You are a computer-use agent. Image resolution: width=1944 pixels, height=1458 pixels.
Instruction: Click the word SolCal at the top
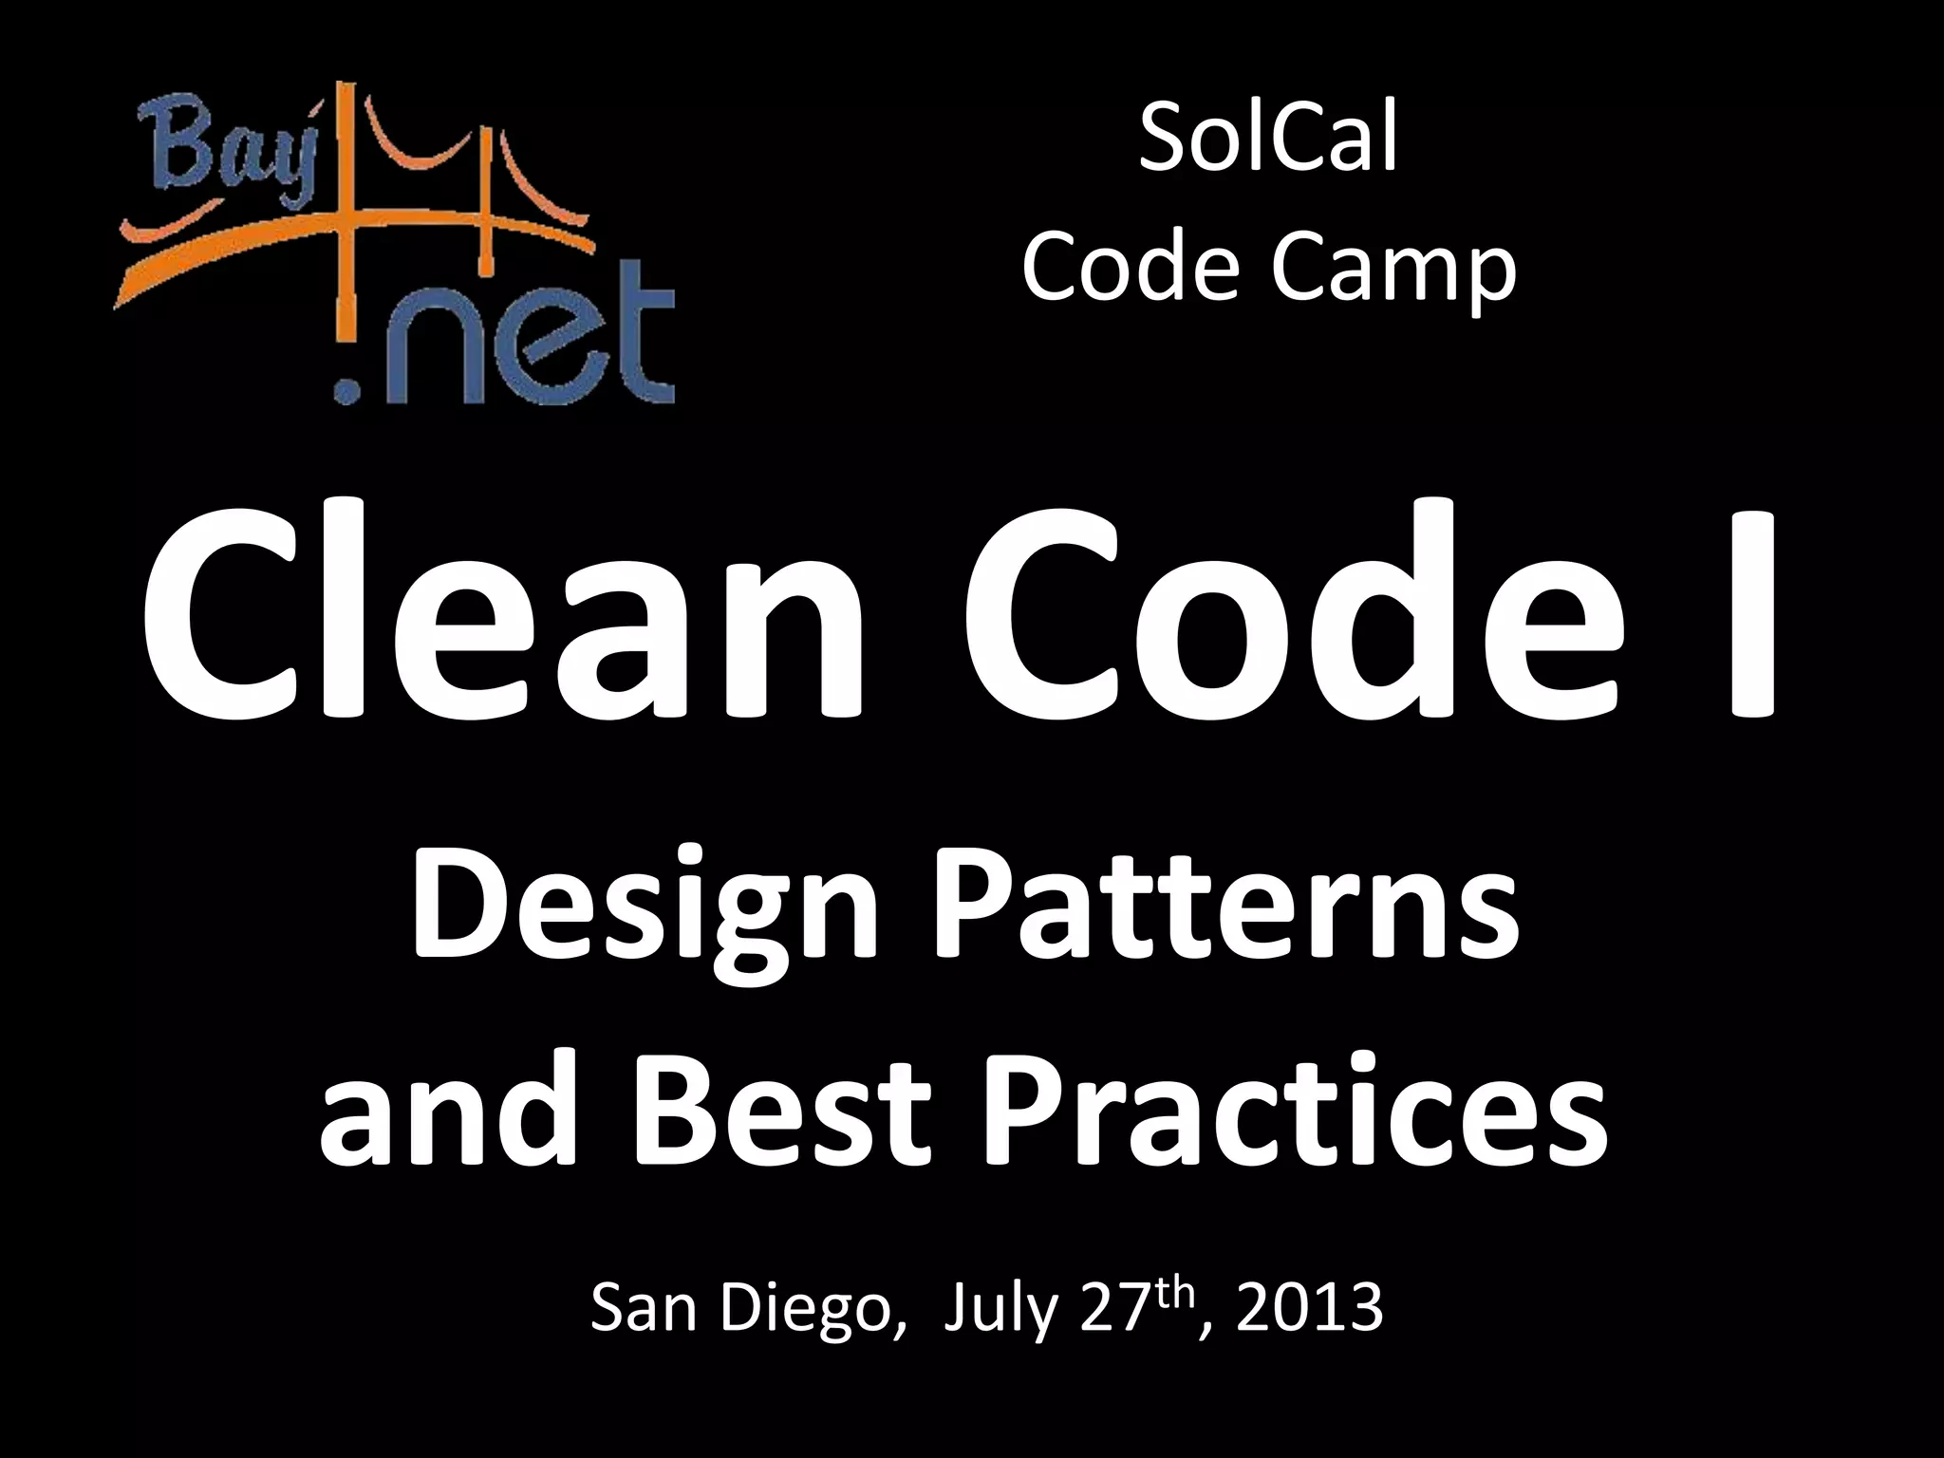(1268, 142)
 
